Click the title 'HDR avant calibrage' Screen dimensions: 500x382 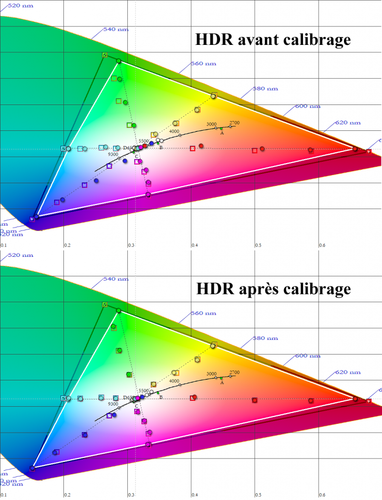tap(273, 40)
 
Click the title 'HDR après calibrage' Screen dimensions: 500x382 tap(273, 289)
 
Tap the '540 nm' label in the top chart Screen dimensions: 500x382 tap(116, 30)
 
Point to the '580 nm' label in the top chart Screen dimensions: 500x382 tap(265, 89)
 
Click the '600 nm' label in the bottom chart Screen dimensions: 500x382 tap(307, 356)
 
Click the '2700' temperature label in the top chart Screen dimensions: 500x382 tap(235, 123)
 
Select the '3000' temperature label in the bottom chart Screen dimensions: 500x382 tap(211, 374)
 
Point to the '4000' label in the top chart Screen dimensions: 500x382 tap(174, 131)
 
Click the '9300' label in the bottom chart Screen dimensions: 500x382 tap(113, 404)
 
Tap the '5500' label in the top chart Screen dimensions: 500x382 tap(143, 141)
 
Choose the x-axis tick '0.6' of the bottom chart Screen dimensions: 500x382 tap(322, 495)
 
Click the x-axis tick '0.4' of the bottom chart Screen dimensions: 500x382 tap(195, 495)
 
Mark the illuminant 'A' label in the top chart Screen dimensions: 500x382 tap(222, 133)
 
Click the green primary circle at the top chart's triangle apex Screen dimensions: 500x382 tap(118, 61)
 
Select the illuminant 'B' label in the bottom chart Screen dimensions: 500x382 tap(161, 397)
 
